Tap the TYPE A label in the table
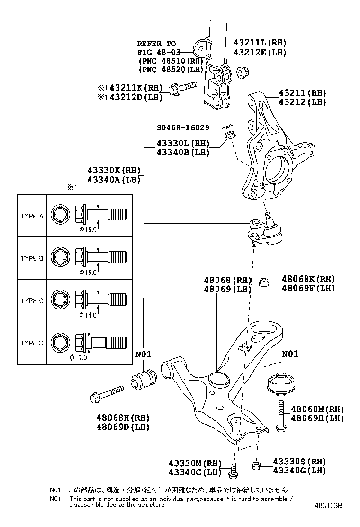coord(32,216)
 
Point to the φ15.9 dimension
coord(88,230)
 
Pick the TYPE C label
coord(32,300)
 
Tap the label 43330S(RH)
coord(299,462)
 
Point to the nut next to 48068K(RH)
coord(265,283)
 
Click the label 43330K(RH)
coord(113,170)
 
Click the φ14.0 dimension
coord(88,315)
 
